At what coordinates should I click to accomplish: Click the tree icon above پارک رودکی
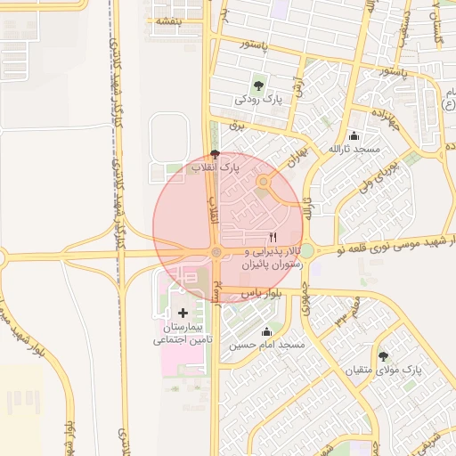pos(258,85)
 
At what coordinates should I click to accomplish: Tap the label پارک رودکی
pos(258,100)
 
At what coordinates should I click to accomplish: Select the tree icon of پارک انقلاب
pos(215,154)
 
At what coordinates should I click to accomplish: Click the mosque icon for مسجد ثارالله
pos(354,136)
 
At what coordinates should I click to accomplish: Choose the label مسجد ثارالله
pos(354,149)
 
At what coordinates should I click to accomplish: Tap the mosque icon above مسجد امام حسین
pos(267,331)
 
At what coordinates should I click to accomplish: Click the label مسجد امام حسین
pos(267,344)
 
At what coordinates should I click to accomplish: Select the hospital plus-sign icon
pos(183,313)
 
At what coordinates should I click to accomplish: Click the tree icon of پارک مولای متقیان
pos(383,355)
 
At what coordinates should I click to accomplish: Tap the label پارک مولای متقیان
pos(384,369)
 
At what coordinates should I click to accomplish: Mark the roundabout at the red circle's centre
pos(216,253)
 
